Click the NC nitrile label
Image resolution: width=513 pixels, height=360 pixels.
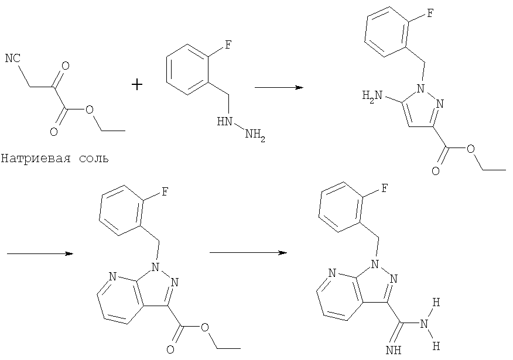13,59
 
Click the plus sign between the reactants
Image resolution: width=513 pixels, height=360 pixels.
137,85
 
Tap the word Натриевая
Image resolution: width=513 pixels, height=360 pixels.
36,159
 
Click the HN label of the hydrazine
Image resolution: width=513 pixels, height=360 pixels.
224,122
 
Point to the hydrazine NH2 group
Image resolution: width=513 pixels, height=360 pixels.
255,134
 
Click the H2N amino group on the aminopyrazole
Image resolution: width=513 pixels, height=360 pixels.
372,96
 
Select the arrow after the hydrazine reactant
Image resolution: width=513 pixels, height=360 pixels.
279,88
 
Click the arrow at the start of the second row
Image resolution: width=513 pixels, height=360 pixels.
40,253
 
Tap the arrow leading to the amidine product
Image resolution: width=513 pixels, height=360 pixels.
248,253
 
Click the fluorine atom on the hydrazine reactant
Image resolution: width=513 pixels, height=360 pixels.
228,45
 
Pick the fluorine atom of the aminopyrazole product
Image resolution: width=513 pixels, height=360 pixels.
430,13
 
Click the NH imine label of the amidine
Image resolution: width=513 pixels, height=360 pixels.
394,351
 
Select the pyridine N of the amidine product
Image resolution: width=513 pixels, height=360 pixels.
333,273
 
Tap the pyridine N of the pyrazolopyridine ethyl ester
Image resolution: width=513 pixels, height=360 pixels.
112,277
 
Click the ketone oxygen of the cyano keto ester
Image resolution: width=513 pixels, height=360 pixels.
66,66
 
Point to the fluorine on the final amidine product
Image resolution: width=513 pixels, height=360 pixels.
384,188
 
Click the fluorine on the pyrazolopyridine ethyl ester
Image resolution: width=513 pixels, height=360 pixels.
165,192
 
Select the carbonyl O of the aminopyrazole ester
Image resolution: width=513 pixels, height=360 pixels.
436,171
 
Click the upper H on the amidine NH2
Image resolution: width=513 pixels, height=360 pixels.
436,302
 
